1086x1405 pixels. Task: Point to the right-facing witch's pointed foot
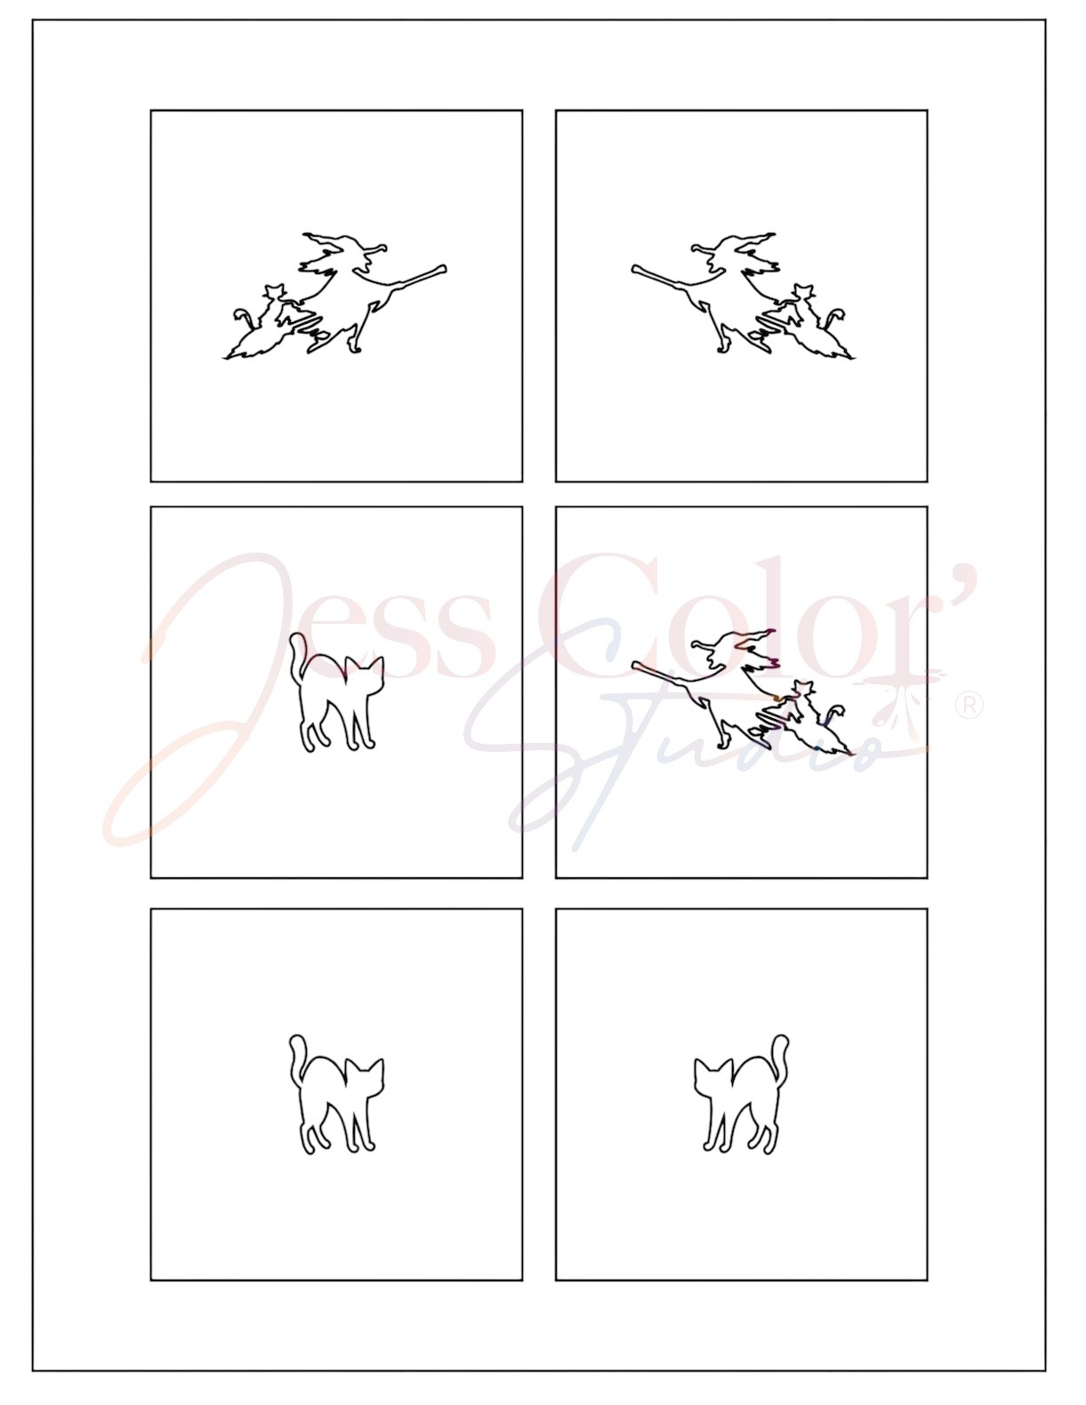[x=353, y=348]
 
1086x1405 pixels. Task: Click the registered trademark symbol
[x=969, y=706]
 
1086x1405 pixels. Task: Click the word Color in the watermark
[x=736, y=614]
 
